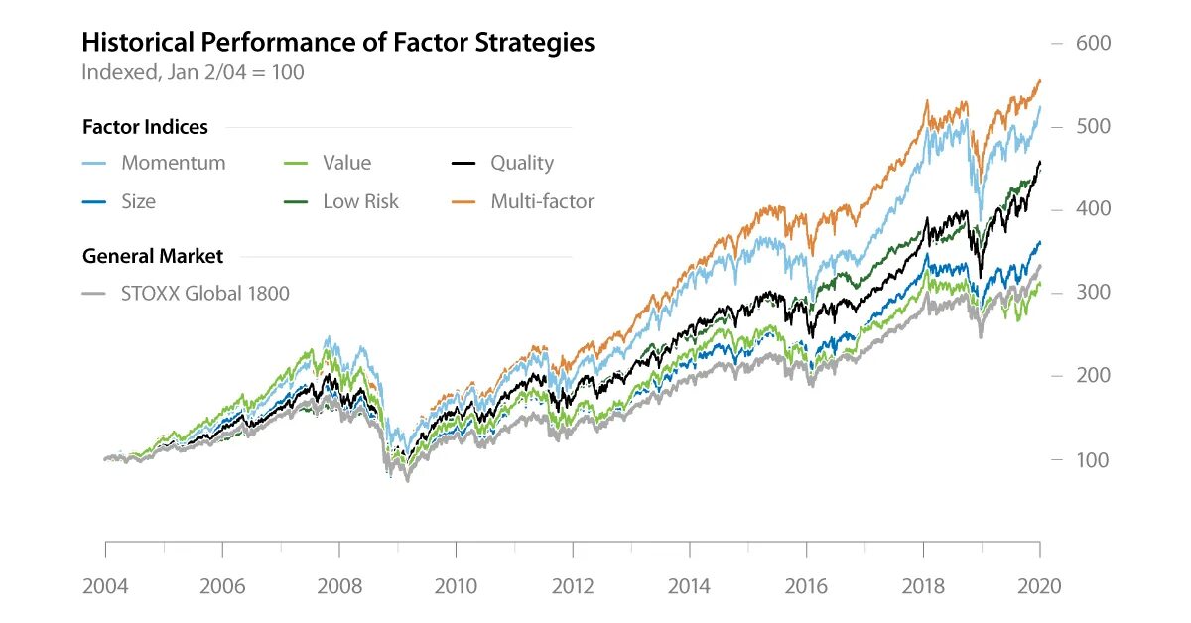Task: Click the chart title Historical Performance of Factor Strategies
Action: pyautogui.click(x=337, y=43)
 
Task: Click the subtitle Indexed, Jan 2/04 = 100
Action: pyautogui.click(x=193, y=72)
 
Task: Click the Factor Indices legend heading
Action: pyautogui.click(x=145, y=127)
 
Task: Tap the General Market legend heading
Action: pyautogui.click(x=153, y=256)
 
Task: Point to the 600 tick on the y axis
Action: pyautogui.click(x=1093, y=44)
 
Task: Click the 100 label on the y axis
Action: pyautogui.click(x=1093, y=459)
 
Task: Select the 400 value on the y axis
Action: pyautogui.click(x=1093, y=209)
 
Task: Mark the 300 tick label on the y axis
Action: pyautogui.click(x=1093, y=293)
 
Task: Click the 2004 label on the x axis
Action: pyautogui.click(x=105, y=586)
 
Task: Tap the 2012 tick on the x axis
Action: pyautogui.click(x=573, y=586)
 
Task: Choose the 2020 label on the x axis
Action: pyautogui.click(x=1039, y=586)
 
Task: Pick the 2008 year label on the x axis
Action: pyautogui.click(x=338, y=586)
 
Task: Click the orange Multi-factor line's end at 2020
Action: pyautogui.click(x=1039, y=80)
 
